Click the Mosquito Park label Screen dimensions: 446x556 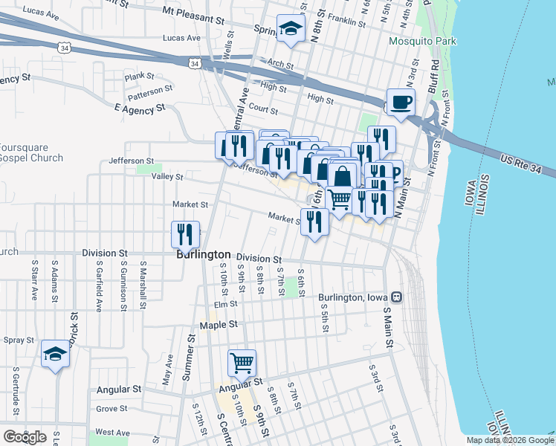pos(422,42)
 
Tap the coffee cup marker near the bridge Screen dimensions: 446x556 pos(401,102)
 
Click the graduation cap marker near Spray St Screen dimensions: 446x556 pos(55,354)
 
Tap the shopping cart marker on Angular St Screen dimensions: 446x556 pos(242,363)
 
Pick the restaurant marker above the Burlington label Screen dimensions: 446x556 pos(185,233)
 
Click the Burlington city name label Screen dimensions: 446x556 pos(203,254)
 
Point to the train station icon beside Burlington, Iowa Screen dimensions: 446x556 pos(397,297)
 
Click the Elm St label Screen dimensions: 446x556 pos(224,303)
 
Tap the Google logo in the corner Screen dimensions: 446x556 pos(25,436)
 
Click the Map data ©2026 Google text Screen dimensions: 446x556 pos(509,440)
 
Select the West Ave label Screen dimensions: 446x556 pos(112,432)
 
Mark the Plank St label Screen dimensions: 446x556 pos(139,76)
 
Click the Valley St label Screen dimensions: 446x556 pos(167,177)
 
